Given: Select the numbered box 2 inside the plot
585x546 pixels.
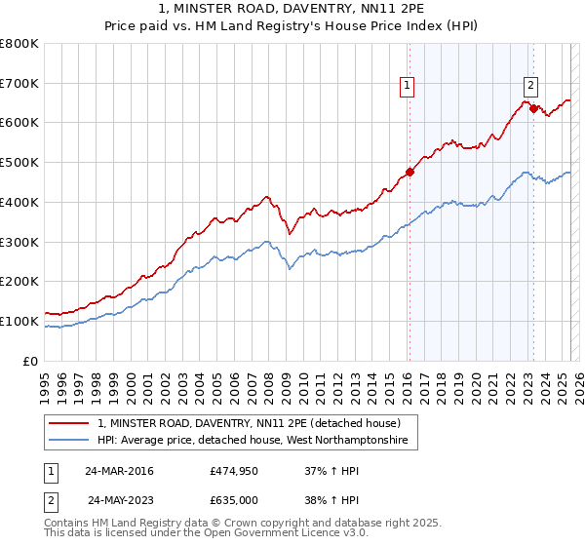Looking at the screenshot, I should tap(531, 84).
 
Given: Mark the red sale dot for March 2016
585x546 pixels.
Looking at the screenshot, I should tap(410, 173).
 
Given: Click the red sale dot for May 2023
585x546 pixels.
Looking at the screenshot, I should tap(533, 108).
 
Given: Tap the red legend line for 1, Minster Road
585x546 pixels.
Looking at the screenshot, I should tap(69, 423).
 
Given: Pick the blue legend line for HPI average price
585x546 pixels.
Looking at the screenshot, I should tap(69, 441).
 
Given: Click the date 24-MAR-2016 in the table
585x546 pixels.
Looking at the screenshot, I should tap(119, 471).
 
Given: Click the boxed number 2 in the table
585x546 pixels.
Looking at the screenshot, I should tap(49, 500).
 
